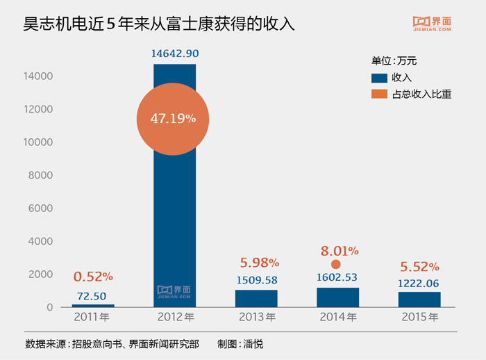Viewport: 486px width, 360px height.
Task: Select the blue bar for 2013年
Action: pos(256,298)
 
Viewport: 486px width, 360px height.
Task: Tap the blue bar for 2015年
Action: pos(419,300)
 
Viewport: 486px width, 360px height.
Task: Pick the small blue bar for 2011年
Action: pos(93,305)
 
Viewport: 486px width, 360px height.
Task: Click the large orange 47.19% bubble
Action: pos(173,119)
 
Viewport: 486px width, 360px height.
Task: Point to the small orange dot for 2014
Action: pos(336,264)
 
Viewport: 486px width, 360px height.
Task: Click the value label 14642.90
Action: pos(174,54)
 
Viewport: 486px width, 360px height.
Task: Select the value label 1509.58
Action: pos(256,280)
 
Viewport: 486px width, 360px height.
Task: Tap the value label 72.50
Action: pos(93,295)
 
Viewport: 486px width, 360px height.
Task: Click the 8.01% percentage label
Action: pos(339,250)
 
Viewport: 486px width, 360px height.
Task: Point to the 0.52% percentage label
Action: pos(93,277)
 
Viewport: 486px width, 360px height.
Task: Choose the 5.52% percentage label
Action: pos(419,267)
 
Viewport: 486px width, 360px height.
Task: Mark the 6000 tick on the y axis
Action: pos(42,208)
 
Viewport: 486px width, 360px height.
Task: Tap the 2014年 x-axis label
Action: pos(337,318)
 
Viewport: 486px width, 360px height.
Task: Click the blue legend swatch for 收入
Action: pos(379,78)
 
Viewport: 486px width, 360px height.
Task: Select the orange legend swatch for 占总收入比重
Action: pos(379,94)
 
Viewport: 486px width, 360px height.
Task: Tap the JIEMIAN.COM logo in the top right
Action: pos(433,24)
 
